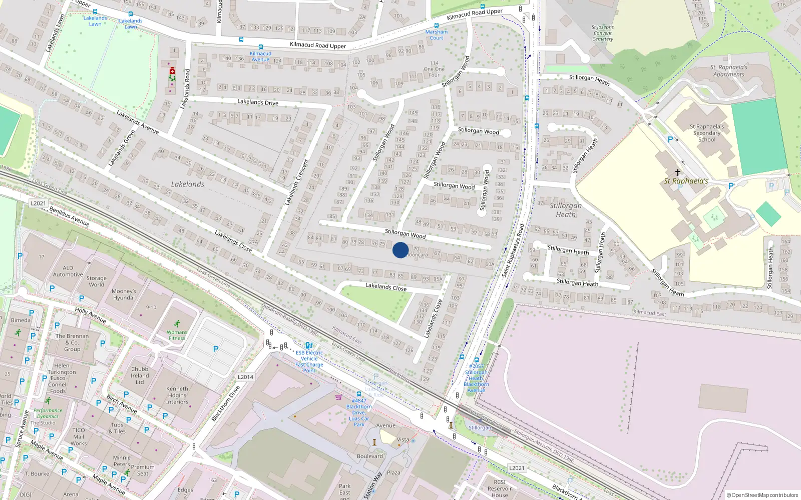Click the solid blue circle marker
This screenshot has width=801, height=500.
click(400, 250)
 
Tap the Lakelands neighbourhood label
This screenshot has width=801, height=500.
click(188, 184)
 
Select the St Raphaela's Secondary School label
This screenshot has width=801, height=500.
click(706, 133)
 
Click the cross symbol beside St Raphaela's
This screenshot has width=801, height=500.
click(677, 172)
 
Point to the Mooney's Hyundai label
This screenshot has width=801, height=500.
click(124, 294)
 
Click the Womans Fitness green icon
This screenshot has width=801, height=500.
click(177, 324)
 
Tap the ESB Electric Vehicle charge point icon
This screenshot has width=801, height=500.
click(309, 345)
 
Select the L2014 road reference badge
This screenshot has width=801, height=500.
click(245, 377)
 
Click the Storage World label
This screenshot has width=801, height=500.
click(96, 281)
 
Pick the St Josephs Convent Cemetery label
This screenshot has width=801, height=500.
click(602, 33)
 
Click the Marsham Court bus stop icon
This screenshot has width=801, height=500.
click(437, 25)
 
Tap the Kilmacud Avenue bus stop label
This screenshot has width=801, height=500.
click(260, 56)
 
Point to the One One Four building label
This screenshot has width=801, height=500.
click(434, 69)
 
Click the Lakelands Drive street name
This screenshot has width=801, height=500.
click(258, 102)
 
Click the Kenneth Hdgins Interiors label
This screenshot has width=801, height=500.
click(177, 395)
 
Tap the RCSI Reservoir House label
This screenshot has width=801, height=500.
click(499, 488)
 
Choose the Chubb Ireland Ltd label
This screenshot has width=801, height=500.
click(140, 375)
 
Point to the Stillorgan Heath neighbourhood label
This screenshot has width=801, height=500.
click(566, 209)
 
